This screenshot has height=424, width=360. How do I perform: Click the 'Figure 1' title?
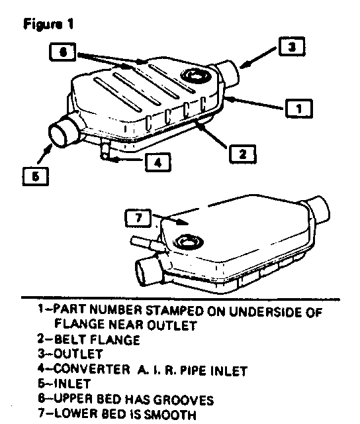[x=48, y=24]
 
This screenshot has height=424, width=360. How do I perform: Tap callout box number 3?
[x=292, y=46]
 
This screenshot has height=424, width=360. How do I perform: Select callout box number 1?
[x=299, y=109]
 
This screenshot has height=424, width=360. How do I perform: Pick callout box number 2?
[x=242, y=154]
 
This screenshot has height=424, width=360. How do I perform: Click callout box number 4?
[x=158, y=162]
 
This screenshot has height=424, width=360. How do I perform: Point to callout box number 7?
[x=138, y=218]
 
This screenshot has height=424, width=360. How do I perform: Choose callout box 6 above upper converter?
[x=63, y=52]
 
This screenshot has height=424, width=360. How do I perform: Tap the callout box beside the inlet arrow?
[x=35, y=177]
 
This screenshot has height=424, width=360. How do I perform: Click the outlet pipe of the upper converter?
[x=228, y=74]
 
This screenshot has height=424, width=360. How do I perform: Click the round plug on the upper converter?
[x=196, y=76]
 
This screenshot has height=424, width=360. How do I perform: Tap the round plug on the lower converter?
[x=188, y=241]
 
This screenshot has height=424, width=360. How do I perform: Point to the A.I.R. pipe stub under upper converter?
[x=105, y=150]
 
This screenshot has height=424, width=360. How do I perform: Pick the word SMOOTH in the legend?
[x=170, y=414]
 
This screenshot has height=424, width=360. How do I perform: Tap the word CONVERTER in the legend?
[x=92, y=369]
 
